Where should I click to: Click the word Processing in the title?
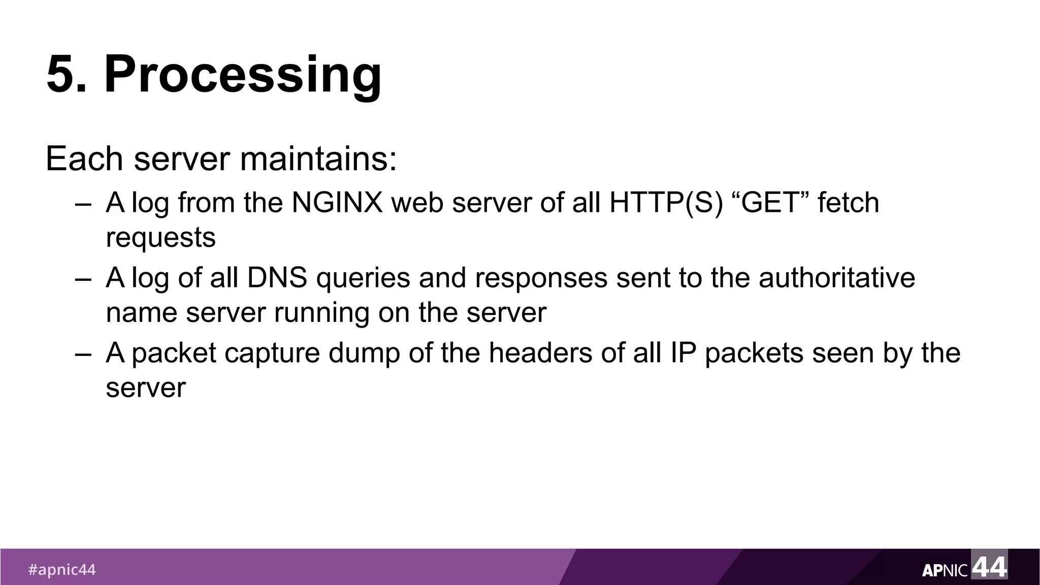pyautogui.click(x=243, y=75)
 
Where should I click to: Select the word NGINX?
pyautogui.click(x=337, y=203)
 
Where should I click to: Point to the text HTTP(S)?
pyautogui.click(x=666, y=203)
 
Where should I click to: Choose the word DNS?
pyautogui.click(x=277, y=278)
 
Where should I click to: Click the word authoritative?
pyautogui.click(x=837, y=278)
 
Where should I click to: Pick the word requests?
pyautogui.click(x=160, y=237)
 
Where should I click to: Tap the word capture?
pyautogui.click(x=272, y=353)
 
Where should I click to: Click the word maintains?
pyautogui.click(x=318, y=158)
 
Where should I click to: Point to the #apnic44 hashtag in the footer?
pyautogui.click(x=62, y=570)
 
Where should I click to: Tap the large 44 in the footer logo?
pyautogui.click(x=989, y=566)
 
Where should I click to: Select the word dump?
pyautogui.click(x=365, y=353)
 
